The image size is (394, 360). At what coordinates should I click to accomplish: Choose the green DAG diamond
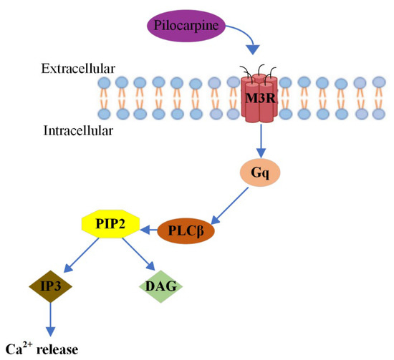coord(160,286)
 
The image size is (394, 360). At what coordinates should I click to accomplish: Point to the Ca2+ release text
coord(41,349)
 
